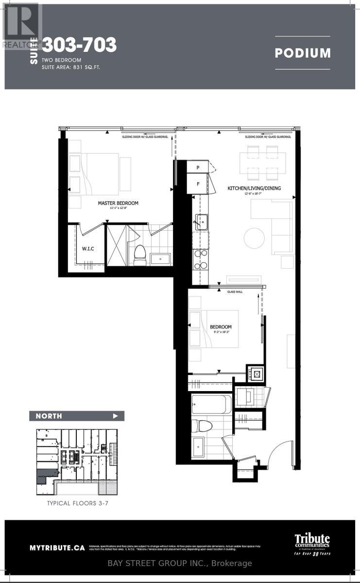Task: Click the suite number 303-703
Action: (x=79, y=45)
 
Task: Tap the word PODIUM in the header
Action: (x=302, y=53)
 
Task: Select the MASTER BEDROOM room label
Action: (x=118, y=203)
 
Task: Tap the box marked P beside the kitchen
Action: (x=198, y=168)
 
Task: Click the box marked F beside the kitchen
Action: (x=198, y=184)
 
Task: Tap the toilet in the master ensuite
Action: (x=140, y=253)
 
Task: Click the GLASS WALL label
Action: (x=234, y=292)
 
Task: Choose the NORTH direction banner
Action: (x=76, y=416)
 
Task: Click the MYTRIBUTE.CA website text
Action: (x=57, y=548)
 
